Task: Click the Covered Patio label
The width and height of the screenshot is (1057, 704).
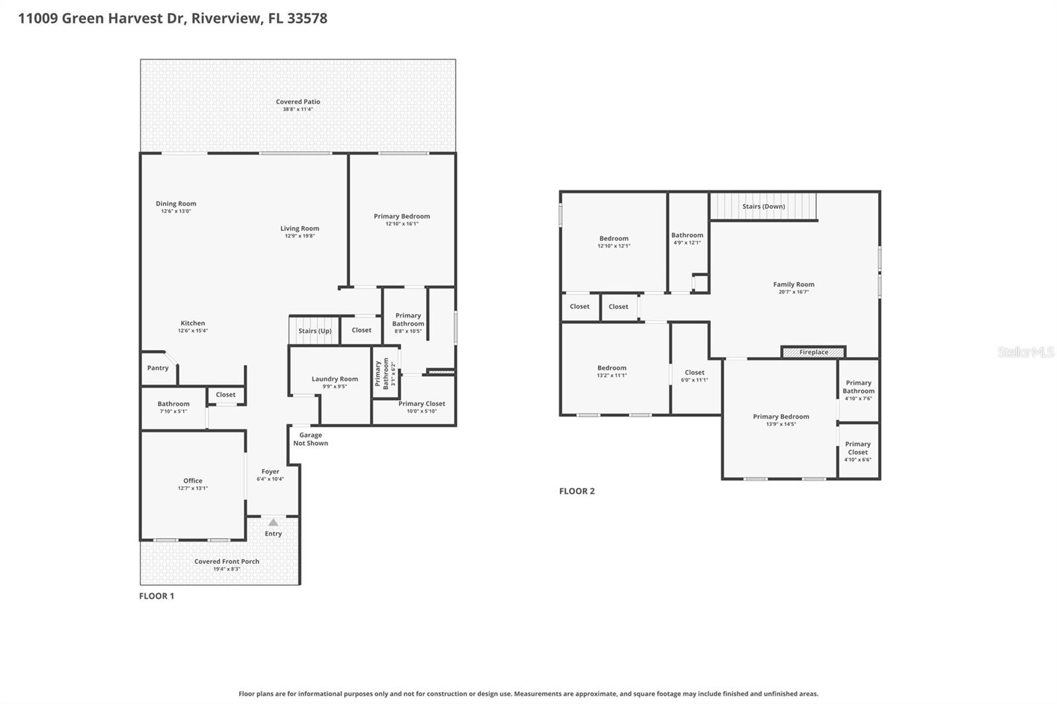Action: (298, 102)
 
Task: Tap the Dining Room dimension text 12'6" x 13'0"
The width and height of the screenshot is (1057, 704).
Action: (176, 211)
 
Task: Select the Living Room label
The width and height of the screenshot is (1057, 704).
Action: (299, 229)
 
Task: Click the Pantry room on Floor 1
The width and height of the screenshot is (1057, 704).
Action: (158, 368)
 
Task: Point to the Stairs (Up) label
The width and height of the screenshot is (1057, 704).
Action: (314, 331)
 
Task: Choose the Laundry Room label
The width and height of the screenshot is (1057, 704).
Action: (334, 379)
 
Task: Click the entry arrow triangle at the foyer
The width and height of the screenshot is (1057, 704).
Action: (273, 522)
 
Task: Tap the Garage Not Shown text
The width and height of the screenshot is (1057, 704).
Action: (310, 439)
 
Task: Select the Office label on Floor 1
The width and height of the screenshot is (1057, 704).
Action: (193, 481)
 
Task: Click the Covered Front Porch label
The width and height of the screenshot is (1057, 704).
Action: (227, 561)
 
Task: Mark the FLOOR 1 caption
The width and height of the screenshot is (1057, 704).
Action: (157, 596)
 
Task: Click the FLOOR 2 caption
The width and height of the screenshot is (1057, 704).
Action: (577, 491)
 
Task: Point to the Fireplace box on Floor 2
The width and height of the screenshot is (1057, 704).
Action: (813, 352)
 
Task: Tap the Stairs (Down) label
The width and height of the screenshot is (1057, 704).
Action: (763, 206)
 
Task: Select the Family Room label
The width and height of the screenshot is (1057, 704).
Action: (793, 285)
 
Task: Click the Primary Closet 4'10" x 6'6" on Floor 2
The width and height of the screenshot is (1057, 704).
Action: (857, 452)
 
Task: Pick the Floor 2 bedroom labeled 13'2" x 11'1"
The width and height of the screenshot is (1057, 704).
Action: (612, 371)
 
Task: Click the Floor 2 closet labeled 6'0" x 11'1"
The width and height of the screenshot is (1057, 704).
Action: (694, 376)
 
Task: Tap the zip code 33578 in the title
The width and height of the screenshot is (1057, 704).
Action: (307, 18)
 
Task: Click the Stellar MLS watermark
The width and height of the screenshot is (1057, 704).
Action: (1025, 352)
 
